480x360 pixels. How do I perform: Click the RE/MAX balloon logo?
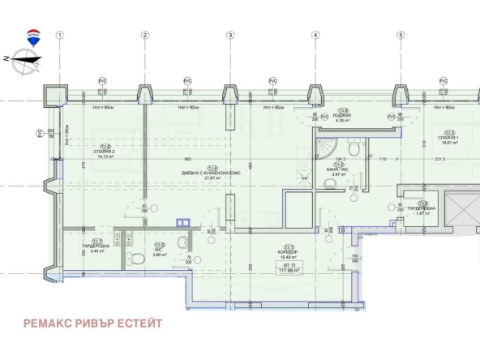coord(33,36)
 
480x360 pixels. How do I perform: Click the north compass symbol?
coord(24,58)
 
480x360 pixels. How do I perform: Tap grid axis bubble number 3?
coord(229,35)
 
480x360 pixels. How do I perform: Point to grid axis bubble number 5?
coord(400,35)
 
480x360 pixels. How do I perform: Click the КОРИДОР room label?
coord(288,253)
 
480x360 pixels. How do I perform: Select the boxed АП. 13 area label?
coord(288,268)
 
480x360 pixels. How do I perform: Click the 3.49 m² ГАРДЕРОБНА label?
coord(98,248)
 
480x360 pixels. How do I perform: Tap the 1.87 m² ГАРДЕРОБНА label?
coord(422,210)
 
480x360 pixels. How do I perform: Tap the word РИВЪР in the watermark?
coord(91,324)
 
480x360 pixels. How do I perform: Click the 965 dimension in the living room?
coord(187,160)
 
